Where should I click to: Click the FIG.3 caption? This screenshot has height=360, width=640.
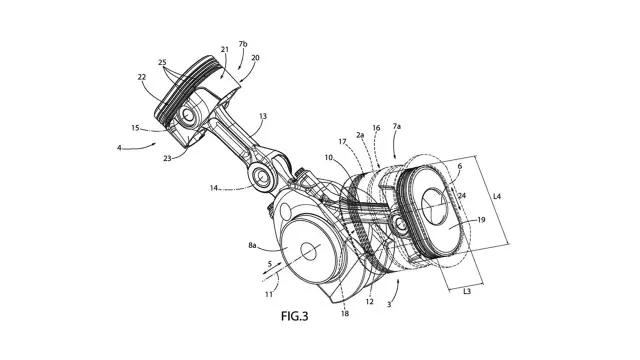pos(294,316)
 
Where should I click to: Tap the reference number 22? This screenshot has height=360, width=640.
pos(142,77)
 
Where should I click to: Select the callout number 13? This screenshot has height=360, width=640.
pos(263,116)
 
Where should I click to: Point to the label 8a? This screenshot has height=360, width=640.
pos(252,245)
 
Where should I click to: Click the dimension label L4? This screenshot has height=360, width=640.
pos(497,196)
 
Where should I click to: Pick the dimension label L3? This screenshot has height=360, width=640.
pos(467,291)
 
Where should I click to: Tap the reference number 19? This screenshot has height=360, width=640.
pos(481,220)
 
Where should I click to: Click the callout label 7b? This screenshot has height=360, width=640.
pos(243,44)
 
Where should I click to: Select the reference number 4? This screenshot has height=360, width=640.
pos(119,148)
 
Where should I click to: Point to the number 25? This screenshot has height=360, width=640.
pos(162,62)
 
